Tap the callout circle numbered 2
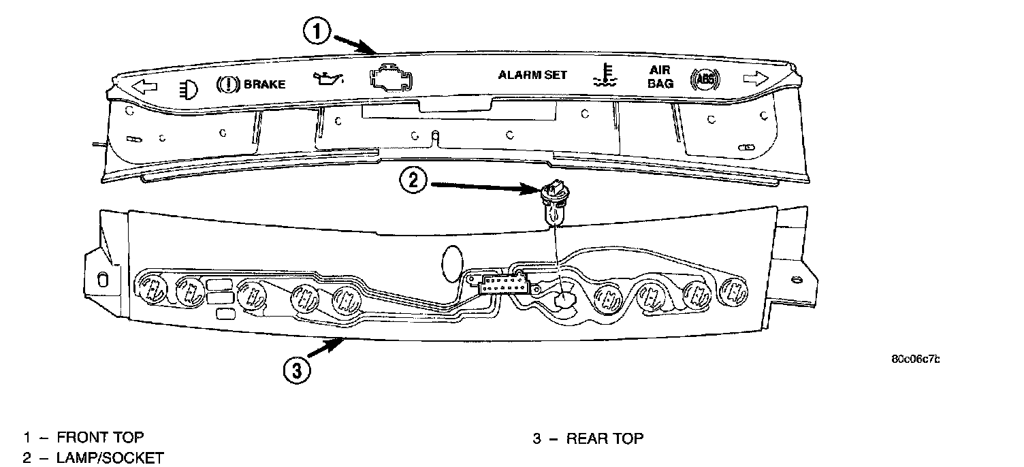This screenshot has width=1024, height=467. click(414, 181)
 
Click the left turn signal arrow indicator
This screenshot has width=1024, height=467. click(144, 86)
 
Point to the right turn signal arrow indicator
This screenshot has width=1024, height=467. click(756, 79)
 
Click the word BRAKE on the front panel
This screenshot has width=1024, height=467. click(264, 84)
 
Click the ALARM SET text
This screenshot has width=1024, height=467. click(532, 75)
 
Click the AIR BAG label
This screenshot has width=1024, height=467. click(660, 77)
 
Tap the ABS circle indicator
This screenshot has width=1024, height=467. click(704, 79)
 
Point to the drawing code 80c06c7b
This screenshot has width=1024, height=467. click(914, 360)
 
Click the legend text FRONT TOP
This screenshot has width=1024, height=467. click(101, 438)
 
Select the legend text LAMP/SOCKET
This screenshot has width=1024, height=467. click(110, 457)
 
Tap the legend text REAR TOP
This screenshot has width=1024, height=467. click(605, 438)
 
